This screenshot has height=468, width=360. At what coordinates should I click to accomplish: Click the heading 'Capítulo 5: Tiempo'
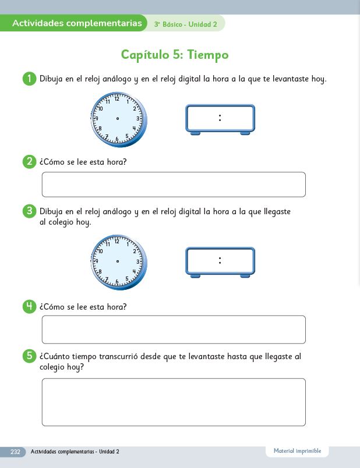click(x=175, y=55)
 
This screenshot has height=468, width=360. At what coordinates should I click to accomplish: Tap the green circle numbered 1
click(x=29, y=79)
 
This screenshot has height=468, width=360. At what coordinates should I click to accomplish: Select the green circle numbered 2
click(x=29, y=161)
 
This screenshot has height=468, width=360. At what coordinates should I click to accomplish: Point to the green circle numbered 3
click(x=29, y=211)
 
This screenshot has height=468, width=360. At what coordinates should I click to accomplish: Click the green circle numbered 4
click(x=29, y=307)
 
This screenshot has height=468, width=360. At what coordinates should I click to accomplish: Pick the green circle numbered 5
click(x=29, y=356)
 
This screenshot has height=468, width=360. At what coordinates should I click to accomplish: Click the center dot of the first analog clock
click(x=118, y=119)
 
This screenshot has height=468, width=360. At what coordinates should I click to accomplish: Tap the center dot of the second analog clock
click(x=118, y=261)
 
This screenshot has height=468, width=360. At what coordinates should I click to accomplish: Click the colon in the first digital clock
click(x=220, y=118)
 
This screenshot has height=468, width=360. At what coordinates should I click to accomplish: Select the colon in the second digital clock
click(x=220, y=261)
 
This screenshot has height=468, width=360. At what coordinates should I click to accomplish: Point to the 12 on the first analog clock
click(x=117, y=99)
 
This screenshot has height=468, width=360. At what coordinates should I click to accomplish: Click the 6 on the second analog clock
click(x=117, y=282)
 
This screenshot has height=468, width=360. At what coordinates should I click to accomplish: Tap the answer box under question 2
click(x=174, y=185)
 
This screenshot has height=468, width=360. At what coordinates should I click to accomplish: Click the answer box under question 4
click(x=174, y=329)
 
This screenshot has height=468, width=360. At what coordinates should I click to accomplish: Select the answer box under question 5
click(x=174, y=402)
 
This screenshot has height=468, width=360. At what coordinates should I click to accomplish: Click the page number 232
click(x=15, y=452)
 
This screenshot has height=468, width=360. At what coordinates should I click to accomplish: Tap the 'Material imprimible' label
click(x=297, y=451)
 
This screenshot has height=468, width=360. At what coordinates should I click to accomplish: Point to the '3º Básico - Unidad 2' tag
click(x=185, y=24)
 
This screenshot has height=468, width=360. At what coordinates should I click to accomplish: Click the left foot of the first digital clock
click(x=195, y=133)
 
